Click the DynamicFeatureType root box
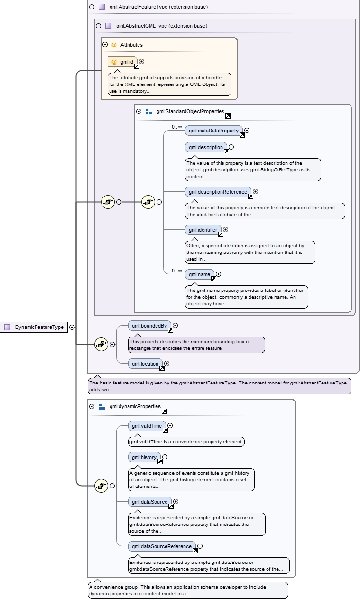coord(34,327)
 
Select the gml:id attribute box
coord(123,62)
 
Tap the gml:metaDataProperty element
coord(213,131)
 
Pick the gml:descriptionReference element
coord(218,192)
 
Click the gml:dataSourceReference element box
coord(162,546)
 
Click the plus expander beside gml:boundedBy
coord(175,325)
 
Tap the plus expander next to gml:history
coord(165,457)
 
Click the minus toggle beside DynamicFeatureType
coord(72,327)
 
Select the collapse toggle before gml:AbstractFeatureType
coord(92,7)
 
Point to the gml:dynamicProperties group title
coord(135,407)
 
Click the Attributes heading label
coord(131,45)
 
